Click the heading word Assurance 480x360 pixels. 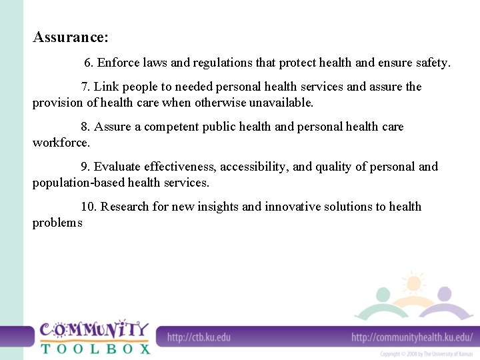[x=70, y=37]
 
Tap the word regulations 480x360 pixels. [x=224, y=63]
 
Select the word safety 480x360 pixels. [x=432, y=63]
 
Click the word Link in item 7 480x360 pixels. [x=105, y=87]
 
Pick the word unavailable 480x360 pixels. [x=280, y=103]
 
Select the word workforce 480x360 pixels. [x=61, y=143]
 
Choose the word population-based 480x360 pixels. [x=78, y=183]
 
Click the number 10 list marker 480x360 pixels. [x=89, y=207]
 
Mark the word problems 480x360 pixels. [x=57, y=223]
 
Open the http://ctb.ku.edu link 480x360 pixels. [x=199, y=337]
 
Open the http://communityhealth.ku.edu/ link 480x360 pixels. [x=412, y=337]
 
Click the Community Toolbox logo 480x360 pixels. [x=94, y=337]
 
